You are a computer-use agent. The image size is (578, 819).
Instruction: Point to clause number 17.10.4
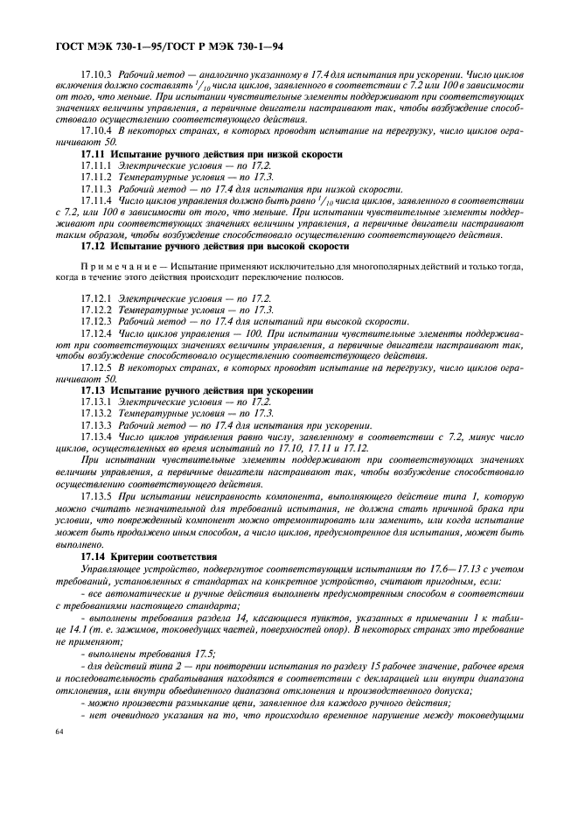click(97, 129)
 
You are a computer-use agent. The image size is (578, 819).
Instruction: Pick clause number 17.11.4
click(97, 200)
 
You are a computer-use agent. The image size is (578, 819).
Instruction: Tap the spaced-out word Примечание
click(115, 266)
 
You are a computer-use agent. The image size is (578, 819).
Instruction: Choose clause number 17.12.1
click(97, 298)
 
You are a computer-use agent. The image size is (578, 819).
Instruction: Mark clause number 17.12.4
click(97, 333)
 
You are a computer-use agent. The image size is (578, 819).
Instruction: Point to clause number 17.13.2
click(97, 413)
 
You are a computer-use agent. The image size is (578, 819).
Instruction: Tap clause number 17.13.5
click(97, 495)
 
